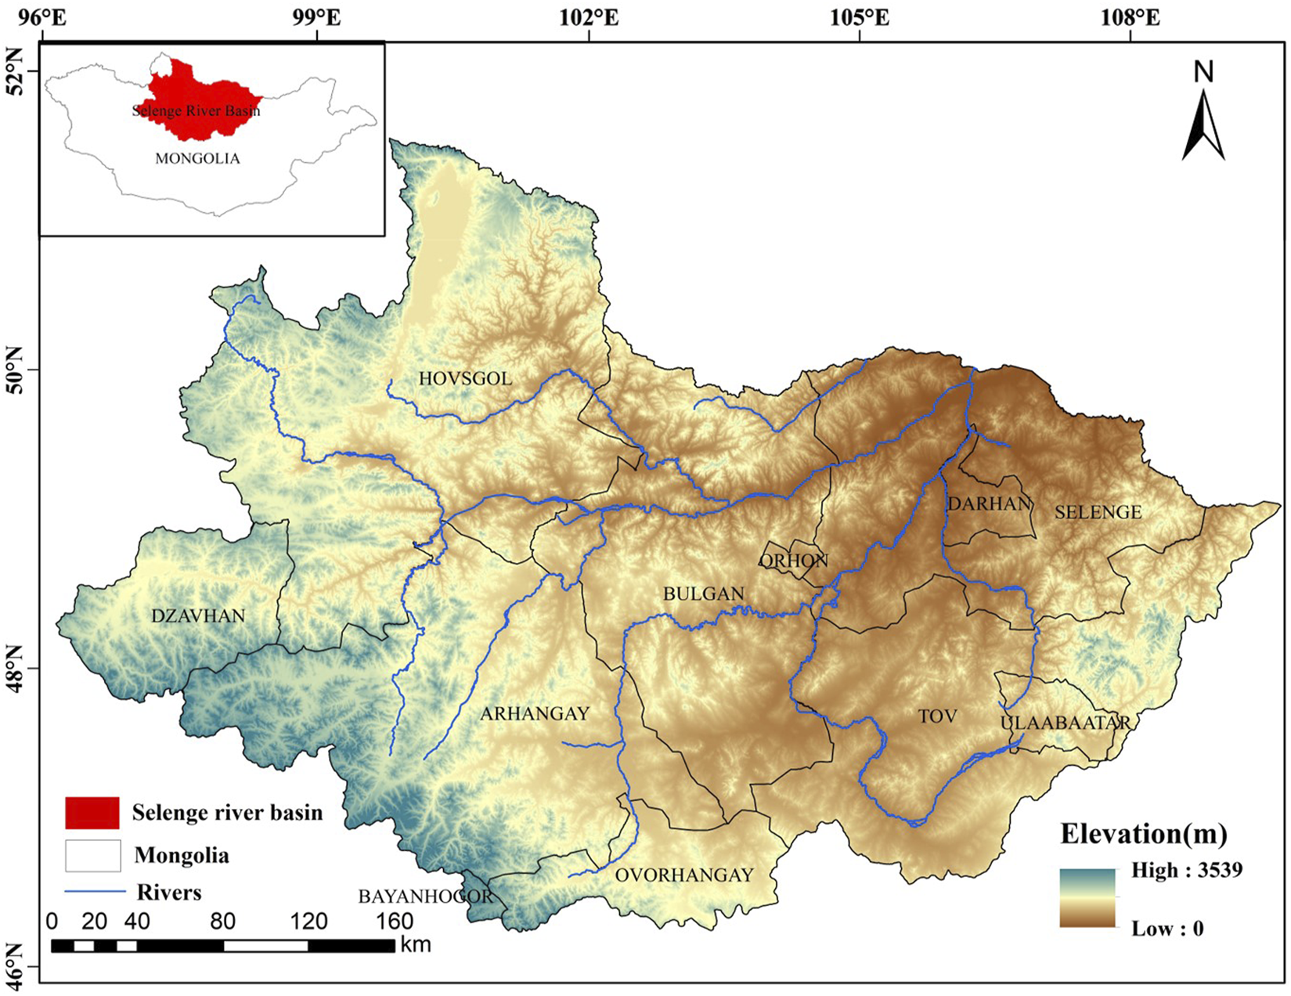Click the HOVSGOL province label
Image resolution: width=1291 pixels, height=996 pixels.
pos(465,379)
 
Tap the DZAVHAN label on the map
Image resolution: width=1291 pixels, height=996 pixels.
pos(198,615)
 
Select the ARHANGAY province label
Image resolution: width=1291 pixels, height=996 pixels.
pos(535,713)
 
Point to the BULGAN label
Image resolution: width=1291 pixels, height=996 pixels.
pos(703,594)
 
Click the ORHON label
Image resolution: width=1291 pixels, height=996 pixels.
pos(794,561)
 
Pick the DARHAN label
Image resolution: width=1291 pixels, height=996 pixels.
pos(989,503)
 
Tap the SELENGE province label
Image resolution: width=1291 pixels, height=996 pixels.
pos(1098,512)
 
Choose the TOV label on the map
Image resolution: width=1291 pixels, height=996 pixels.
pos(938,716)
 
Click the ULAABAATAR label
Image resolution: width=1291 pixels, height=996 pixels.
pos(1066,723)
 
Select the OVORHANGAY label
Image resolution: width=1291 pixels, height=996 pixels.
pos(684,875)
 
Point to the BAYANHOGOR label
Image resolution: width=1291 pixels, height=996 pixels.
pos(426,897)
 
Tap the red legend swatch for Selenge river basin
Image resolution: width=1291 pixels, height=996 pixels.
pos(92,813)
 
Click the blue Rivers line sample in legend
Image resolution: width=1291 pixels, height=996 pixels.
pos(95,892)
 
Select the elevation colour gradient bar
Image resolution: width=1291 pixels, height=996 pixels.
pos(1087,897)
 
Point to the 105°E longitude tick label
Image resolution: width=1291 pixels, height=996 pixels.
pos(860,16)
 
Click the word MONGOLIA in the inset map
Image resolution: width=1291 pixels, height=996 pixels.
pos(197,158)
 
